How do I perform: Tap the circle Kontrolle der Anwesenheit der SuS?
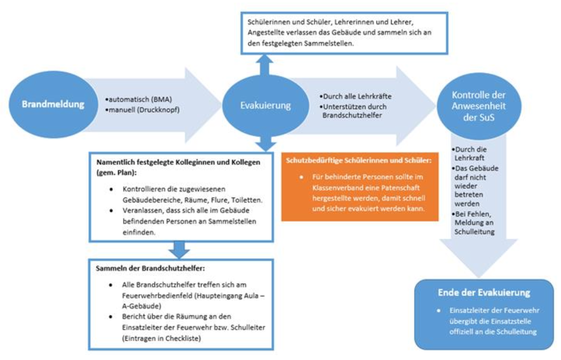pyautogui.click(x=477, y=105)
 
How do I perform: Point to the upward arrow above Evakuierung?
pyautogui.click(x=264, y=65)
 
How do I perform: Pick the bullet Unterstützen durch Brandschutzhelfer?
pyautogui.click(x=353, y=110)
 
